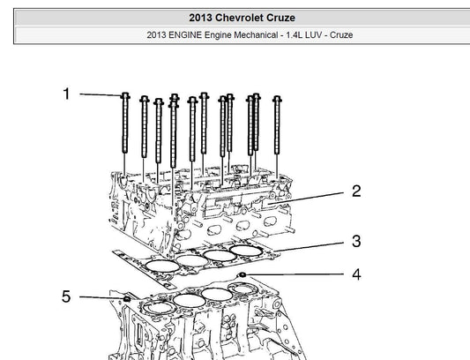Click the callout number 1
tap(66, 94)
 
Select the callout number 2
tap(356, 191)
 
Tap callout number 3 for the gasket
tap(356, 241)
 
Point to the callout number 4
tap(356, 274)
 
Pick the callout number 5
tap(66, 296)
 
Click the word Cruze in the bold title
tap(281, 18)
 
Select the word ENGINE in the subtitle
tap(185, 35)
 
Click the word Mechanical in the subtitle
tap(256, 35)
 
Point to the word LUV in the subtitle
tap(313, 35)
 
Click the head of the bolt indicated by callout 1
tap(125, 95)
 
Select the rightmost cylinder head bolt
tap(277, 125)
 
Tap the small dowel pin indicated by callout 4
tap(242, 274)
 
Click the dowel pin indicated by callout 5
tap(127, 298)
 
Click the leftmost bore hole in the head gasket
tap(162, 266)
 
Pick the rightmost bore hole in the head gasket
tap(246, 251)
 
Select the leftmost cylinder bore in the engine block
tap(159, 307)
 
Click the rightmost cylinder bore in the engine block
tap(242, 288)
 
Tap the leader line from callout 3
tap(309, 246)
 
